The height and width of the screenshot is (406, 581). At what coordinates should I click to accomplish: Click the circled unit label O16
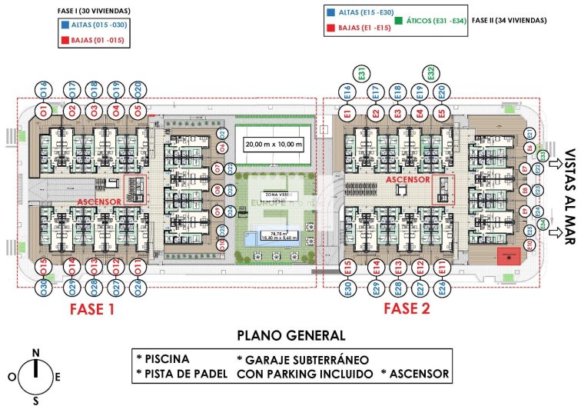tap(42, 90)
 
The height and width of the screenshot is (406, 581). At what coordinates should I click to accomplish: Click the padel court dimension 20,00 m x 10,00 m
tap(274, 145)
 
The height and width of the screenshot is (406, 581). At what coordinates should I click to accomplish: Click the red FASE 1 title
tap(91, 310)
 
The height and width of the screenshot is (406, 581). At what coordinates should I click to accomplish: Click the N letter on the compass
tap(35, 353)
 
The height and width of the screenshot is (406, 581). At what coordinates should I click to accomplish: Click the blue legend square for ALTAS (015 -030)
tap(62, 24)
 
